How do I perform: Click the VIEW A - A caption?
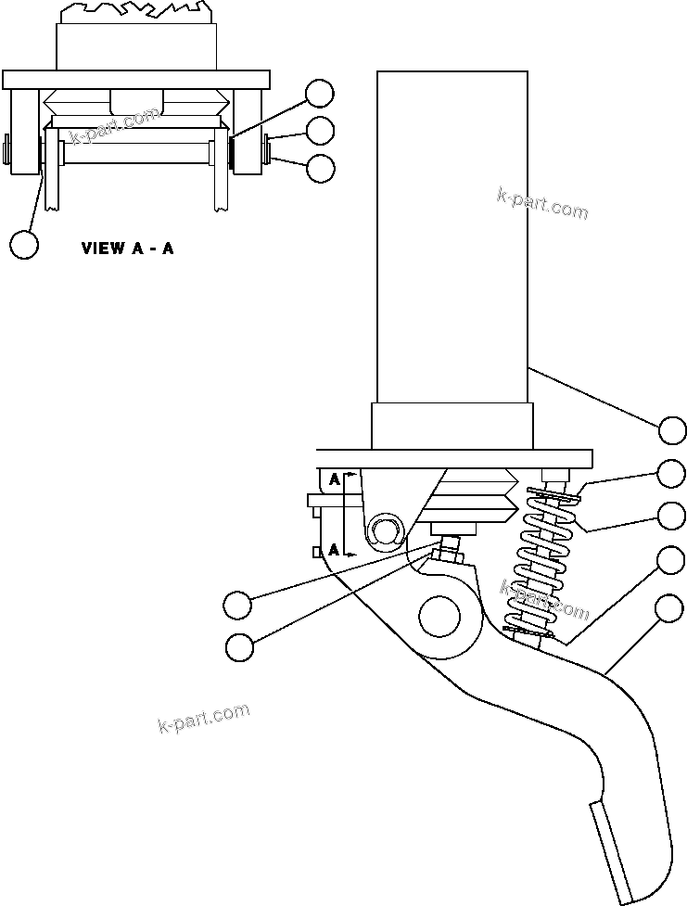coord(127,249)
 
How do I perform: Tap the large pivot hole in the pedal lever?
coord(440,615)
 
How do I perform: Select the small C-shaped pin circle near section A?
coord(383,531)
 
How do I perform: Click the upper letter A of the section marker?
coord(334,479)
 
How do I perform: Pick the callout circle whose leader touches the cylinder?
coord(674,429)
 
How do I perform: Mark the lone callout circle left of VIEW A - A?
coord(25,244)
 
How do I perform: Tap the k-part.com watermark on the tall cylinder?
coord(542,203)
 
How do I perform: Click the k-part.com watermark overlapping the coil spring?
coord(544,600)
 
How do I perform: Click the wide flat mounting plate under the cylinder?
coord(454,459)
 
